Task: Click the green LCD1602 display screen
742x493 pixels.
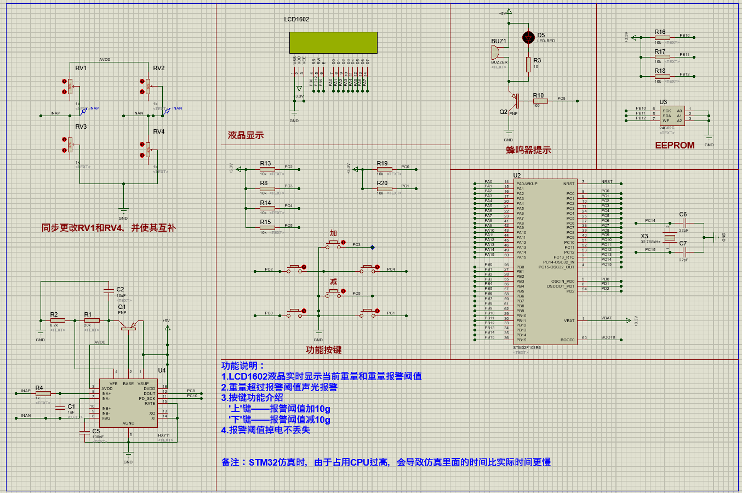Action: tap(333, 42)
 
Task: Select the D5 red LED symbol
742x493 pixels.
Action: tap(528, 37)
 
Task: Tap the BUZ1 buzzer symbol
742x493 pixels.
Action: tap(495, 53)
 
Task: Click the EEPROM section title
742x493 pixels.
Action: tap(675, 145)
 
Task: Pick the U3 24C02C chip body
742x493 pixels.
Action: tap(672, 116)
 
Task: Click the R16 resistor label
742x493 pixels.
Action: tap(660, 32)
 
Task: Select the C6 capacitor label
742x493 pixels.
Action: tap(683, 214)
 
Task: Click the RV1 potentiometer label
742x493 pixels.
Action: tap(81, 68)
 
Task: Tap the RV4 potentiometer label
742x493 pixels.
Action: tap(158, 131)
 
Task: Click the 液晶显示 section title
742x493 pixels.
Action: tap(246, 135)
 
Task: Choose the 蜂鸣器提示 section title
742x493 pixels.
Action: tap(528, 150)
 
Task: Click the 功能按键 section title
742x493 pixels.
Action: tap(323, 349)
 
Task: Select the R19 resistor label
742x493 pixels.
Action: tap(382, 163)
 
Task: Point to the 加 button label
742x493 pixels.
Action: tap(333, 233)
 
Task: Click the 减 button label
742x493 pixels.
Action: tap(333, 282)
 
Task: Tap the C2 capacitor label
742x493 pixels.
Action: tap(120, 289)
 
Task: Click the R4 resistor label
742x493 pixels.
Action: tap(39, 388)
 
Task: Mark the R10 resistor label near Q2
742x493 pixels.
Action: tap(538, 95)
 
